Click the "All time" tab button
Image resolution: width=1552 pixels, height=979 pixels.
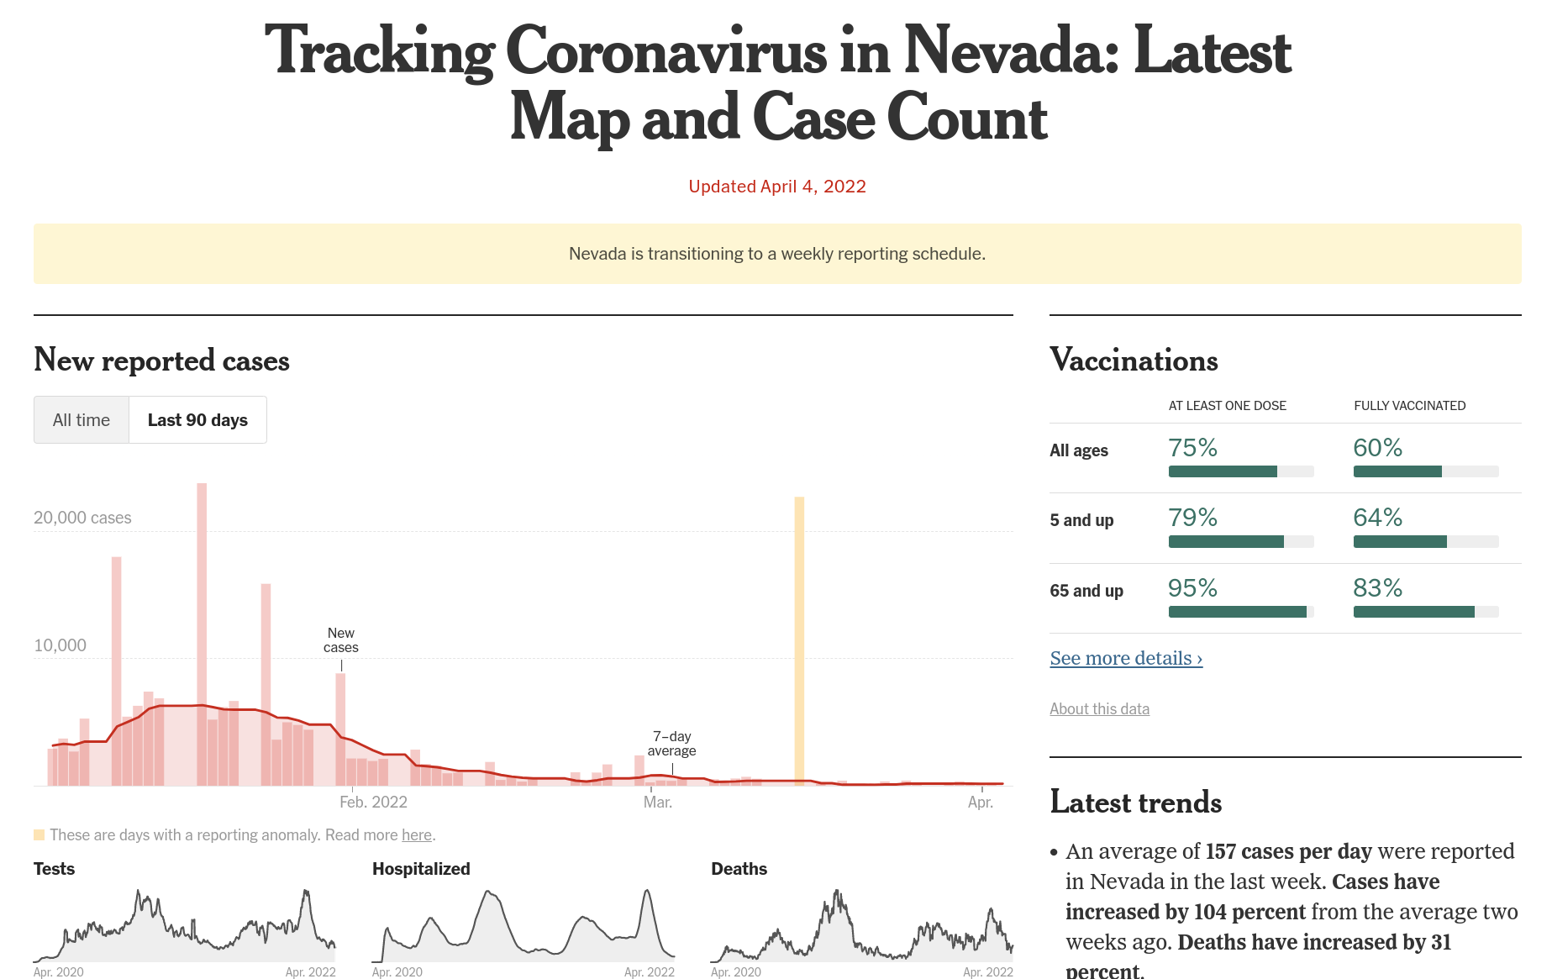coord(82,420)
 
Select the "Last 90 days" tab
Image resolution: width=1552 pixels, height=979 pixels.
coord(197,420)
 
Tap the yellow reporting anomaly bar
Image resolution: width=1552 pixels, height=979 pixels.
coord(799,639)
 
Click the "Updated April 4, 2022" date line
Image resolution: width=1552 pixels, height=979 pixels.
coord(777,187)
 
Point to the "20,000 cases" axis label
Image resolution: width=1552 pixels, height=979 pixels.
coord(82,518)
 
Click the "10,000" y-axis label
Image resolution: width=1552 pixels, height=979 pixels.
coord(60,645)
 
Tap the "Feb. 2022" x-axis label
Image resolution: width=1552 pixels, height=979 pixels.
coord(373,802)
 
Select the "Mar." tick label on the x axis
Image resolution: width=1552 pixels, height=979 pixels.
coord(658,802)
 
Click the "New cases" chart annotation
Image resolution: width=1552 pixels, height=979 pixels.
coord(341,640)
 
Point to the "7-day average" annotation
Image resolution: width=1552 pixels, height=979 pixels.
coord(671,744)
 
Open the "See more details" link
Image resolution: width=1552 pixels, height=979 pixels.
coord(1126,658)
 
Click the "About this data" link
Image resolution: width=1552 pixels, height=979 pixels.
coord(1099,708)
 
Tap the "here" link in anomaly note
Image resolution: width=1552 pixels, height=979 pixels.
coord(417,834)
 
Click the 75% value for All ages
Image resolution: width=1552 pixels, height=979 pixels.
coord(1192,448)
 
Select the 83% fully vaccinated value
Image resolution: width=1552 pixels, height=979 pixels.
coord(1377,588)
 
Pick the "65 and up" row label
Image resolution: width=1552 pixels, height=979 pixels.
coord(1086,591)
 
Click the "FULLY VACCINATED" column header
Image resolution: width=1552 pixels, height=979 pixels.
coord(1409,406)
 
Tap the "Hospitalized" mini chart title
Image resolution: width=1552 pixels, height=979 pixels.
coord(421,869)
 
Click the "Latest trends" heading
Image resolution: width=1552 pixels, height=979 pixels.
coord(1135,803)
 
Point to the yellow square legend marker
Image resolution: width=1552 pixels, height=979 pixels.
coord(39,834)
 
